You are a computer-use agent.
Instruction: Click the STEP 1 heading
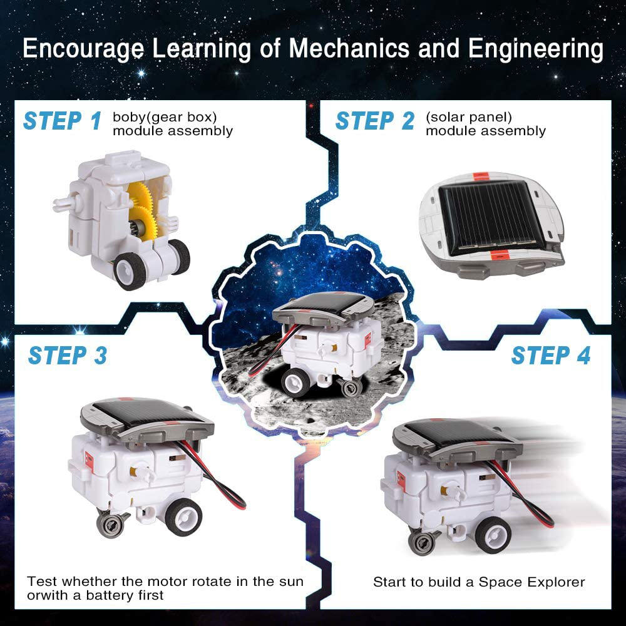click(62, 120)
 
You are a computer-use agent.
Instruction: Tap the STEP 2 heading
click(374, 120)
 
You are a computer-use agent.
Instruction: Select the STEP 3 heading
click(68, 355)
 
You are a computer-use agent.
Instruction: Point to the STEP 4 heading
click(550, 355)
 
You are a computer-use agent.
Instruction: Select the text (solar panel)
click(468, 117)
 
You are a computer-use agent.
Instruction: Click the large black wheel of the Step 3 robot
click(183, 517)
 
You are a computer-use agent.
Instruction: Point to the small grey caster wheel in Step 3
click(111, 524)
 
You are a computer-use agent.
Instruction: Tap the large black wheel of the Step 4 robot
click(494, 535)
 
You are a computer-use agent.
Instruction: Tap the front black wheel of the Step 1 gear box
click(130, 269)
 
